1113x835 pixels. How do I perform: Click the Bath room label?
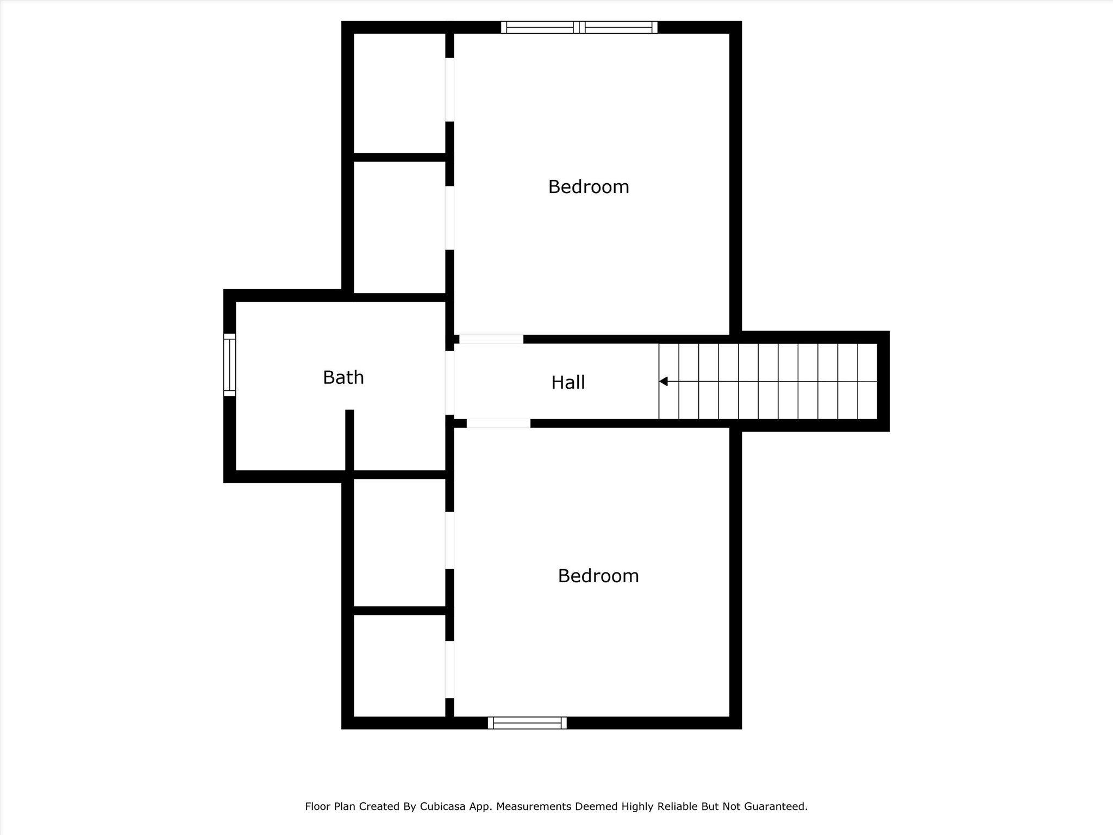tap(343, 377)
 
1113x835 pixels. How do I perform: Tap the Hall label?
tap(568, 382)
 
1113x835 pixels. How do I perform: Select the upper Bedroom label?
tap(588, 187)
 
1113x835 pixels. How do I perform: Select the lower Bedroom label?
tap(598, 576)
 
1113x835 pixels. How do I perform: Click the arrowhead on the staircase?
tap(663, 382)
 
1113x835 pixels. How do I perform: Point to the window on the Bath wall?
tap(229, 365)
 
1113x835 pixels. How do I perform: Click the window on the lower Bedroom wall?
tap(527, 722)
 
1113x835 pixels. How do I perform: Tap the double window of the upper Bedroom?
tap(579, 27)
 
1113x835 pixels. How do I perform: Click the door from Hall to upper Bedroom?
tap(491, 339)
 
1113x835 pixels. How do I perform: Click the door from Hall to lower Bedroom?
tap(498, 423)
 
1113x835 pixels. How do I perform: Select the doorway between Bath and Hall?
tap(449, 383)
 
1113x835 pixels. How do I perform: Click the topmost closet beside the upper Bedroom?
tap(399, 93)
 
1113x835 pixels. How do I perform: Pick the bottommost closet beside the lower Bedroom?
tap(399, 665)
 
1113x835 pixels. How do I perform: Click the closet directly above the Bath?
tap(399, 227)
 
